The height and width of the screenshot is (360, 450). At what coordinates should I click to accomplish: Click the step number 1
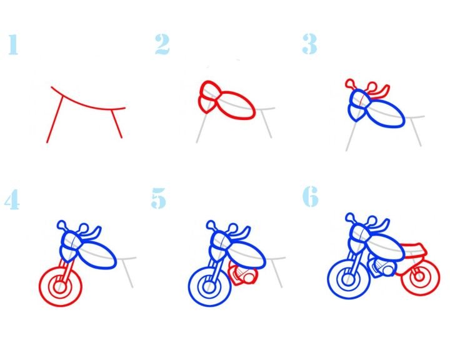(13, 44)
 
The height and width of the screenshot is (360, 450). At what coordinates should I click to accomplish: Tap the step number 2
(162, 44)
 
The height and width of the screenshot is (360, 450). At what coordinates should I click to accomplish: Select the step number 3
(309, 44)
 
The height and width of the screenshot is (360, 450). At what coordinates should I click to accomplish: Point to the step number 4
(12, 199)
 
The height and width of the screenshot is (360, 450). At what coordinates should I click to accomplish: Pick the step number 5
(158, 198)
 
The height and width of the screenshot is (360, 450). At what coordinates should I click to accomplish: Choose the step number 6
(311, 196)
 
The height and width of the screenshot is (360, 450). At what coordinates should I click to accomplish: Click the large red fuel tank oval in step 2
(236, 105)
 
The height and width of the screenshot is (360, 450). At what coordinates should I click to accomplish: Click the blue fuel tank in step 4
(97, 254)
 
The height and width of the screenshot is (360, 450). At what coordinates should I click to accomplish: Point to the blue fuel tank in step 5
(246, 254)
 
